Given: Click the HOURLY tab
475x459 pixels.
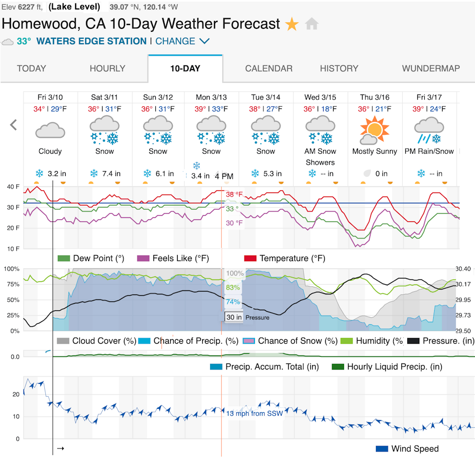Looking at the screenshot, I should click(x=107, y=69).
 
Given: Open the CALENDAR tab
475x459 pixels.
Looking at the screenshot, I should click(x=269, y=69).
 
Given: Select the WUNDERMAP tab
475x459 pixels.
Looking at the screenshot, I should click(x=431, y=69).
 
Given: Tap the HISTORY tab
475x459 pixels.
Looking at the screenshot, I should click(x=339, y=69).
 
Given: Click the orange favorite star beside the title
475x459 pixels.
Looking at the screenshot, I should click(x=292, y=24).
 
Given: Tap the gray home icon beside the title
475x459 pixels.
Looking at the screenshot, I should click(x=312, y=24).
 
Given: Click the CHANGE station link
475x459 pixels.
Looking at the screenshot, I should click(x=182, y=41).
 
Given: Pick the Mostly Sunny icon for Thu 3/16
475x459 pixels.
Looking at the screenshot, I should click(x=374, y=130).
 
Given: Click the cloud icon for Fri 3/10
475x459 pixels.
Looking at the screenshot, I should click(x=50, y=131).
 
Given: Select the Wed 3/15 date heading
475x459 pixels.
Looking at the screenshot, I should click(x=320, y=97).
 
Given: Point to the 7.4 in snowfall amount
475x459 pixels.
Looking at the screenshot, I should click(x=111, y=174).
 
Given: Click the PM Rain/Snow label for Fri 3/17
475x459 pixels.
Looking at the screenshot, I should click(x=429, y=151).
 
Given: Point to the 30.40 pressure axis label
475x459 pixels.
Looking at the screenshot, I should click(x=464, y=269).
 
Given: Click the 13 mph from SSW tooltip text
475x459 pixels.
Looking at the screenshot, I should click(x=254, y=413).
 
